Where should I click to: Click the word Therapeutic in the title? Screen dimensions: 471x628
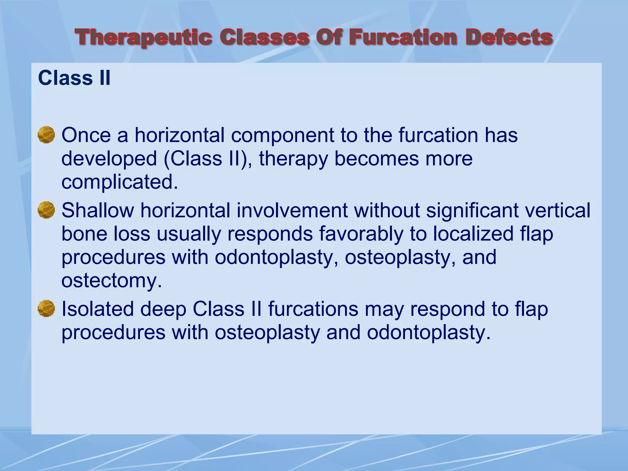pos(144,37)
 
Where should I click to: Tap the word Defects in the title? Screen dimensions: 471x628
pos(509,37)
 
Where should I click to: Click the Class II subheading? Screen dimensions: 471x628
pos(74,78)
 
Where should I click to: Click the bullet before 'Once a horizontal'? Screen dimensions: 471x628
pos(46,135)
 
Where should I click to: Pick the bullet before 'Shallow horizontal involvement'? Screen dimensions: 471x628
pos(46,210)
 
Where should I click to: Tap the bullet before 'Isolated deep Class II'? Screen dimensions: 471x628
pos(46,308)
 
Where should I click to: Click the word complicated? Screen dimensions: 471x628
pos(120,182)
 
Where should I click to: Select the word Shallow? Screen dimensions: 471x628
pos(98,210)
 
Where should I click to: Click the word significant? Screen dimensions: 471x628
pos(472,210)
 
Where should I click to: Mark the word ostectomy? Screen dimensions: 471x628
pos(111,281)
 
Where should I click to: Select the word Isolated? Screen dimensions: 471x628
pos(98,309)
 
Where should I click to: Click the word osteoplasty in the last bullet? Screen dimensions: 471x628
pos(267,332)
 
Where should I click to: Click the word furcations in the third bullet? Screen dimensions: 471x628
pos(313,309)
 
